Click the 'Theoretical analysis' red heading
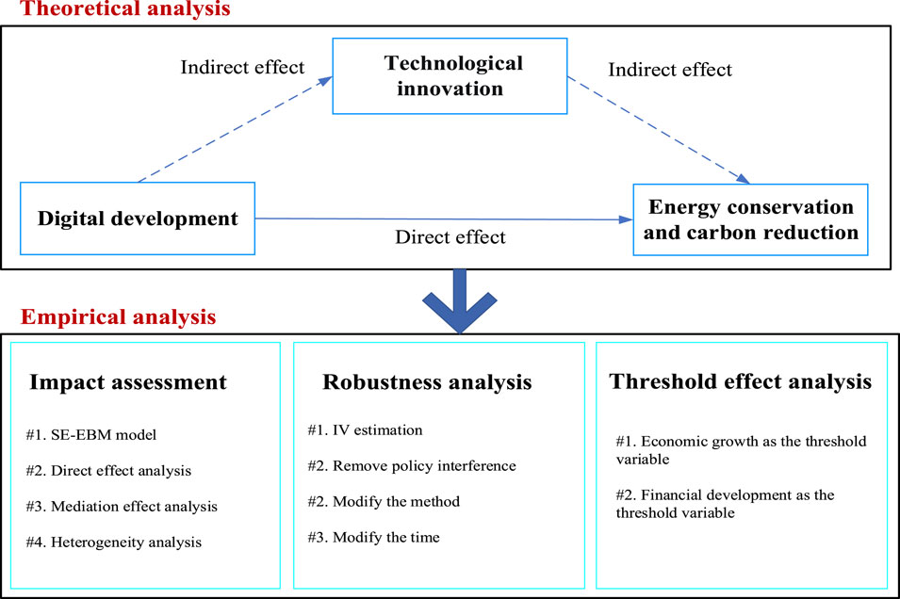[125, 8]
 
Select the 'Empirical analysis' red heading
[118, 316]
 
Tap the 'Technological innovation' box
[450, 76]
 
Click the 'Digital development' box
[138, 219]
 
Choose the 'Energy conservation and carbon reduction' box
[751, 219]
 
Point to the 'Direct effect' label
[450, 237]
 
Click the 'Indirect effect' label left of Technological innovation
[242, 67]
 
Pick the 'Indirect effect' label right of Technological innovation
[670, 70]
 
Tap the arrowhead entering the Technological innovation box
[326, 81]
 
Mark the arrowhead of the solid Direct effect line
[626, 219]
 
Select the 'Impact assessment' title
[128, 382]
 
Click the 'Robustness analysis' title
[427, 382]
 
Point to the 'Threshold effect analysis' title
[741, 381]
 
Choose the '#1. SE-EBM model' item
[91, 435]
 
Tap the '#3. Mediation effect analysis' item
[122, 507]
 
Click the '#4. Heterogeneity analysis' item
[114, 542]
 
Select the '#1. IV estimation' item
[365, 430]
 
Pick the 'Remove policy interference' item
[424, 466]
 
